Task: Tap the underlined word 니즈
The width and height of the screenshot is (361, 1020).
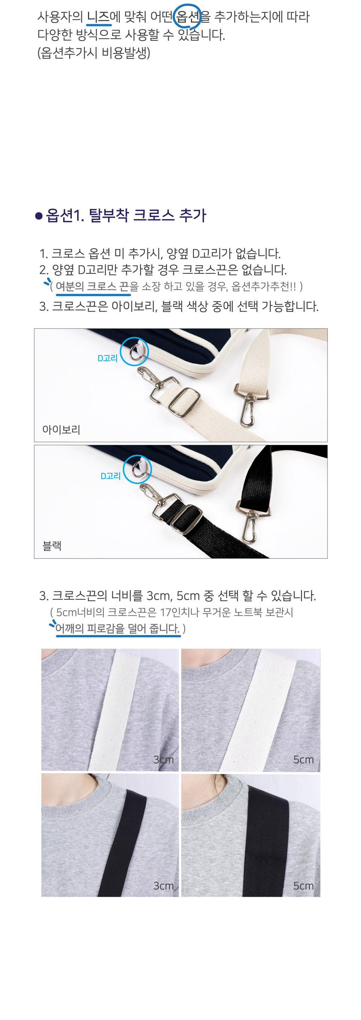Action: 99,17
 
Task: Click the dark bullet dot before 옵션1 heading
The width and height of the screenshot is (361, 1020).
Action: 39,216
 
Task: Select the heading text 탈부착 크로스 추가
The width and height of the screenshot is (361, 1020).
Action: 147,215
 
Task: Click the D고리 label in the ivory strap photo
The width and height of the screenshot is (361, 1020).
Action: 108,358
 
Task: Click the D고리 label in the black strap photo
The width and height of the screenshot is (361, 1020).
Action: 110,476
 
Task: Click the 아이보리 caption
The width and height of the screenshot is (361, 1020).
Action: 61,429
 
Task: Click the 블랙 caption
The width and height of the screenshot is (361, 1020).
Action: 52,546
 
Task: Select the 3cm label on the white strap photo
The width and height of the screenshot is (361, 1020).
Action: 163,759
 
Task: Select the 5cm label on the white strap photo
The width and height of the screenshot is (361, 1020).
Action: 303,759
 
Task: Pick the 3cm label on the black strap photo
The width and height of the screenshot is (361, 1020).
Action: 163,886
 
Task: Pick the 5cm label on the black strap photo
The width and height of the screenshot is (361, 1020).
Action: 303,886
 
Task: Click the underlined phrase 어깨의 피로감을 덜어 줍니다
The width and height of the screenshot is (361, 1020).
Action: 117,628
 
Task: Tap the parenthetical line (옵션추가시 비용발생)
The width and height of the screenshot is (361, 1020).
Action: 94,53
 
